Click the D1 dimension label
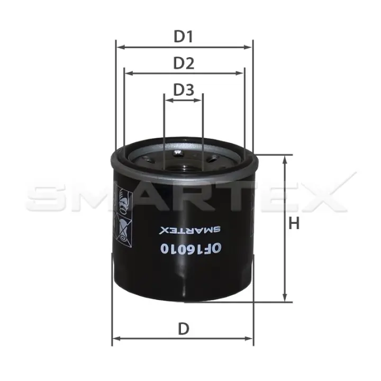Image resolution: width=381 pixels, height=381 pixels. point(183,37)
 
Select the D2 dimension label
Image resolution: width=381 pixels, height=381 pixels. point(184,63)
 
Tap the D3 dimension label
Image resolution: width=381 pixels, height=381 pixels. point(184,89)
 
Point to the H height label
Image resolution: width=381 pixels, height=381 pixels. point(294,223)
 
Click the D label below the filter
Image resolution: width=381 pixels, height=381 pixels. point(184,329)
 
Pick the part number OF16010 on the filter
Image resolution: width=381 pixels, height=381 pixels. point(191,248)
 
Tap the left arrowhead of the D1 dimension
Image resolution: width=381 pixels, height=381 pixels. point(121,47)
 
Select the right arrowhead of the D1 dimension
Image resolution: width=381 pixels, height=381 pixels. point(248,47)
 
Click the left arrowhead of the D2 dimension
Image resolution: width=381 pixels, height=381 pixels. point(129,73)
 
